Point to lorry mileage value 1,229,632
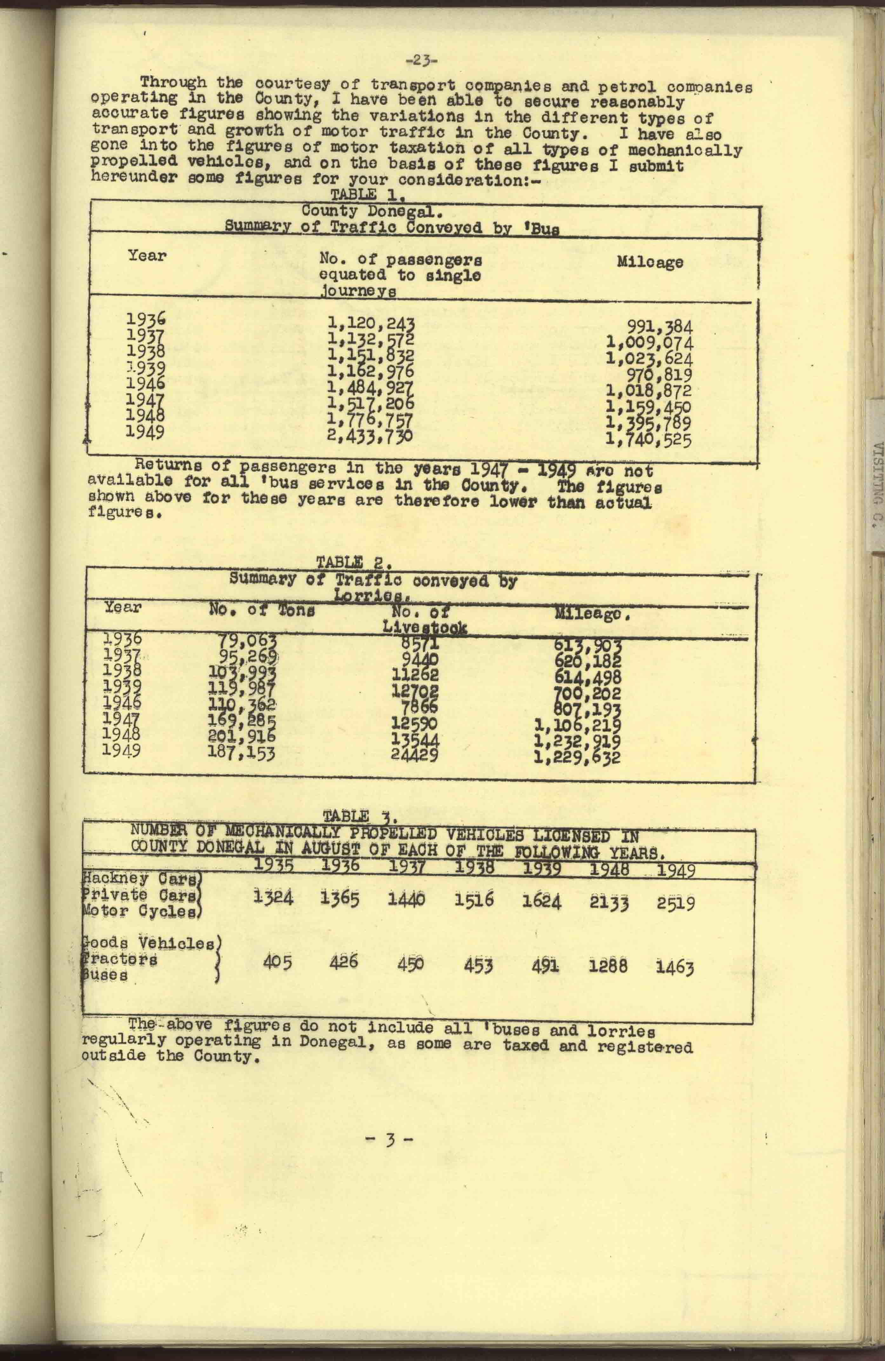(x=577, y=758)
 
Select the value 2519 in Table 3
(x=676, y=904)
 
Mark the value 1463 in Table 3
(x=675, y=968)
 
